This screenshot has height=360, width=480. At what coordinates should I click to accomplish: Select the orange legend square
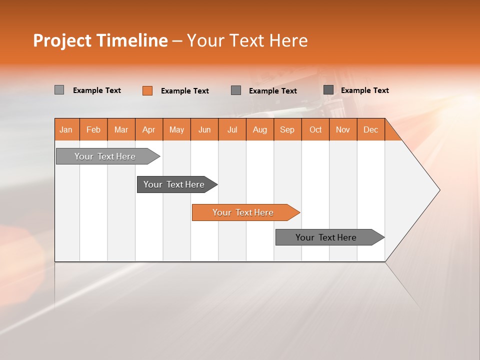pos(147,90)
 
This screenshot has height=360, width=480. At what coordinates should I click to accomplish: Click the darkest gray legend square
pos(328,90)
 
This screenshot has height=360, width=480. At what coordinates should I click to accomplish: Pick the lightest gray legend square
pos(59,90)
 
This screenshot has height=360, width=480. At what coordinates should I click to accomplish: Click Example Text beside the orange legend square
pos(184,91)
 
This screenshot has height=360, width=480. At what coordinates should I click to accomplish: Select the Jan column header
pos(66,129)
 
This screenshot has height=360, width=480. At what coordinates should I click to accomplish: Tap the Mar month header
pos(121,129)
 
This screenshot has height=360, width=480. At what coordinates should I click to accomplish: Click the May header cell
pos(176,129)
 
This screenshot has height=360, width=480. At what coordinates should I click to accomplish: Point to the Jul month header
pos(232,129)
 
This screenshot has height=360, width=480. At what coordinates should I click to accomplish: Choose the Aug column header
pos(259,129)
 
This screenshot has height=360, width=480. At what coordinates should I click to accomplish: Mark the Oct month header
pos(315,129)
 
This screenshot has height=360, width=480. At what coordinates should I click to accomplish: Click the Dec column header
pos(370,129)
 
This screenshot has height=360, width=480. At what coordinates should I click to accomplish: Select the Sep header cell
pos(287,129)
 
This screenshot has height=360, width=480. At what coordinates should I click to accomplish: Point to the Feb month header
pos(93,129)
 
